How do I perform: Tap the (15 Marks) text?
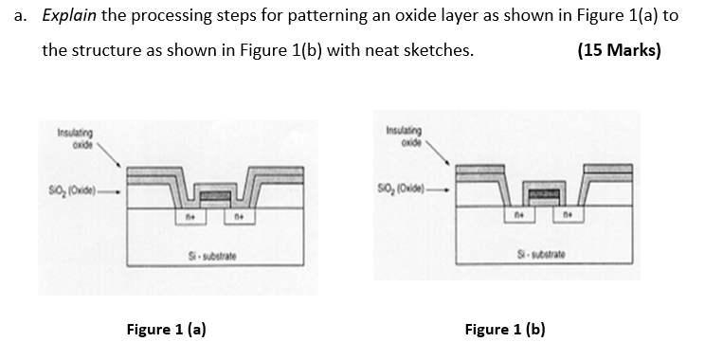[619, 49]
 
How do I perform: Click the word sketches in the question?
[434, 49]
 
